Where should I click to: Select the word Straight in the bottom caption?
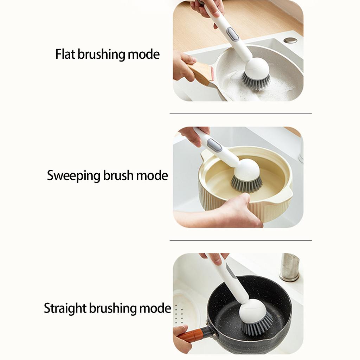tap(65, 308)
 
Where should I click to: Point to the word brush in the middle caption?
tap(118, 175)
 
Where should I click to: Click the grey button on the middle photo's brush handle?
tap(214, 145)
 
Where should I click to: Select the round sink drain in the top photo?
tap(290, 40)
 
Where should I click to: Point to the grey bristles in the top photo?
tap(256, 81)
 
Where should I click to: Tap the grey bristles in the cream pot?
tap(246, 183)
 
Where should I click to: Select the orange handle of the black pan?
tap(192, 335)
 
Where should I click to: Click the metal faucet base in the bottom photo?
tap(289, 268)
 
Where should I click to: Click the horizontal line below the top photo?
tap(240, 114)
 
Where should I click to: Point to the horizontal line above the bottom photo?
tap(240, 240)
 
